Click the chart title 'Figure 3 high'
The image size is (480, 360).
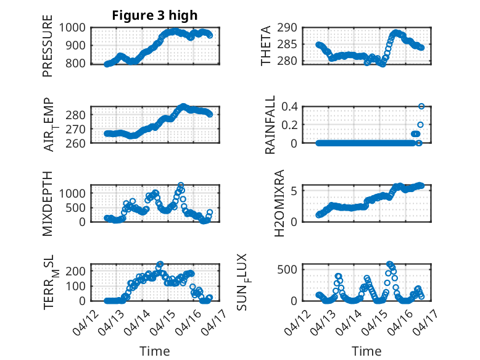pyautogui.click(x=155, y=15)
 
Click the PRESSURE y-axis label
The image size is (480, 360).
pyautogui.click(x=48, y=46)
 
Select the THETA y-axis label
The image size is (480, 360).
pyautogui.click(x=266, y=46)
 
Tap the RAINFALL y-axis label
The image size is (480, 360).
pyautogui.click(x=270, y=125)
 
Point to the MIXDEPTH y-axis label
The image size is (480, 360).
pyautogui.click(x=48, y=204)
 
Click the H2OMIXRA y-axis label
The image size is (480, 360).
pyautogui.click(x=279, y=203)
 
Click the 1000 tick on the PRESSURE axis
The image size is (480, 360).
pyautogui.click(x=72, y=28)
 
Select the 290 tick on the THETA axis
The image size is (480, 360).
pyautogui.click(x=287, y=28)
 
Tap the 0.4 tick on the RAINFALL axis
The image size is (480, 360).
pyautogui.click(x=289, y=107)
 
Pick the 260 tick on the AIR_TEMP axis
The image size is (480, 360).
pyautogui.click(x=75, y=143)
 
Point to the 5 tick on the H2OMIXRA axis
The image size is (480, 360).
pyautogui.click(x=294, y=191)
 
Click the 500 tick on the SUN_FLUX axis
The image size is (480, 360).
pyautogui.click(x=287, y=270)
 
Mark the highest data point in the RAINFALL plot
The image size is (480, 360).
pyautogui.click(x=421, y=106)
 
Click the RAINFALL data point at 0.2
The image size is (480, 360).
pyautogui.click(x=420, y=125)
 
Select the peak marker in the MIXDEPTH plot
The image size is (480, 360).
pyautogui.click(x=181, y=185)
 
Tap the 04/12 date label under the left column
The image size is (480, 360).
pyautogui.click(x=86, y=322)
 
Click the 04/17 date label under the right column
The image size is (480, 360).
pyautogui.click(x=424, y=322)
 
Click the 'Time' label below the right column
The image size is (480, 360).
pyautogui.click(x=366, y=351)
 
